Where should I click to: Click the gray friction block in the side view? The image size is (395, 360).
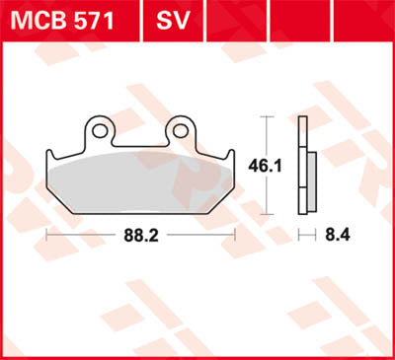(x=310, y=182)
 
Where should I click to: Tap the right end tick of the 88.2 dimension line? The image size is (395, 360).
(x=237, y=235)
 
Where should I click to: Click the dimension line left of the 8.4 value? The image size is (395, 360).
(x=309, y=235)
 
